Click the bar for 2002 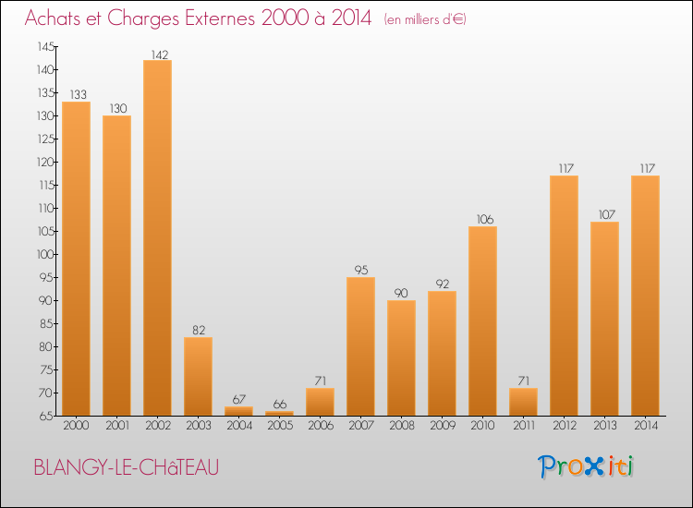(x=157, y=237)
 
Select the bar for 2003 (x=198, y=376)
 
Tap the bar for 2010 (x=482, y=321)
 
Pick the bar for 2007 (x=360, y=346)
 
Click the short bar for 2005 (x=279, y=414)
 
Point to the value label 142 (x=157, y=54)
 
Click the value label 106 (x=482, y=220)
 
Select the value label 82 (x=198, y=331)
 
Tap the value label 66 (x=279, y=405)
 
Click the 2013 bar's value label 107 (x=604, y=215)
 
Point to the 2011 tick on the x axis (x=523, y=426)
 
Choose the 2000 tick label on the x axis (x=76, y=426)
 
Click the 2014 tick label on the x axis (x=645, y=426)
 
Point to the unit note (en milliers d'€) (x=425, y=18)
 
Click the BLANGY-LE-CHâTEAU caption (x=127, y=467)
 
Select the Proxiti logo (x=586, y=466)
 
